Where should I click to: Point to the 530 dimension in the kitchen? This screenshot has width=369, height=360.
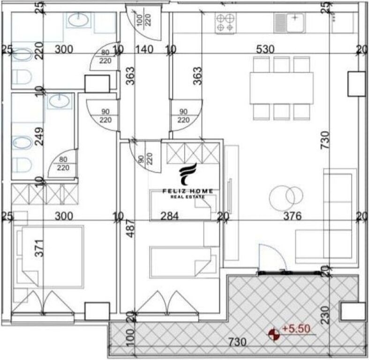pos(265,49)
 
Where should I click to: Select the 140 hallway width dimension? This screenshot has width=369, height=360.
pos(144,49)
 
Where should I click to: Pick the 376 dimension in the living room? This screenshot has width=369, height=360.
pos(291,216)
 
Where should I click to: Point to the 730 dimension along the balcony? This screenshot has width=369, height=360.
pos(238,343)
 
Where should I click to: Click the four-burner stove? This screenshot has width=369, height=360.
pos(226,23)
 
